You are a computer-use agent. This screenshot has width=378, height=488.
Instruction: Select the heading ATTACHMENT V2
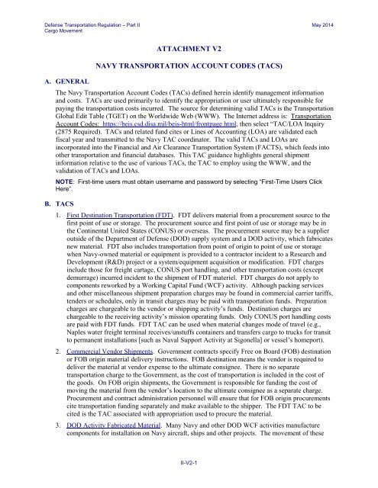(189, 47)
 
